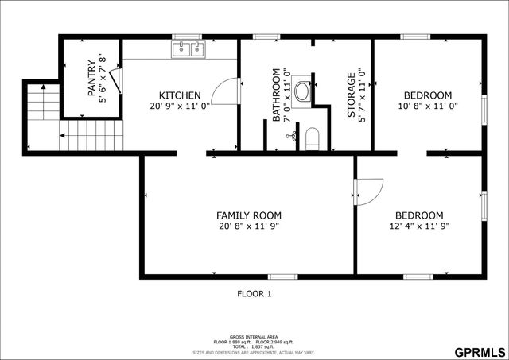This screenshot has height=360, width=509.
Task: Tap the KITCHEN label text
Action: [x=180, y=95]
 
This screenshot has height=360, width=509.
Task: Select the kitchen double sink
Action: [x=188, y=49]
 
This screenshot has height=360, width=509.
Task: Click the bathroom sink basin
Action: [x=303, y=91]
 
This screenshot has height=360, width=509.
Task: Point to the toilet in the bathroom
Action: [x=311, y=138]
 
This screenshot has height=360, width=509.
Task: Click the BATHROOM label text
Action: [x=277, y=95]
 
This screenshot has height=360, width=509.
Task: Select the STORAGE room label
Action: [x=351, y=95]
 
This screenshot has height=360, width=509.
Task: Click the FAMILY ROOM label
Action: [x=249, y=215]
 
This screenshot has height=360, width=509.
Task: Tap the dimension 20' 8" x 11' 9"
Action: [x=249, y=226]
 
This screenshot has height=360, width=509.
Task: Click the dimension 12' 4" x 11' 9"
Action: [x=419, y=226]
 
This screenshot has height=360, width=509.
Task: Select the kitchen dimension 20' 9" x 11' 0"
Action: [x=180, y=105]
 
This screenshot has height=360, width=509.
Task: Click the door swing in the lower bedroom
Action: [x=368, y=192]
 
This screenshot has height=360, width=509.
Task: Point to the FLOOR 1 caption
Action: [x=254, y=294]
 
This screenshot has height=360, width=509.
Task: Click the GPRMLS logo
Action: [x=479, y=351]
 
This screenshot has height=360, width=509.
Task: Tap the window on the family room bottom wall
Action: [x=282, y=277]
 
